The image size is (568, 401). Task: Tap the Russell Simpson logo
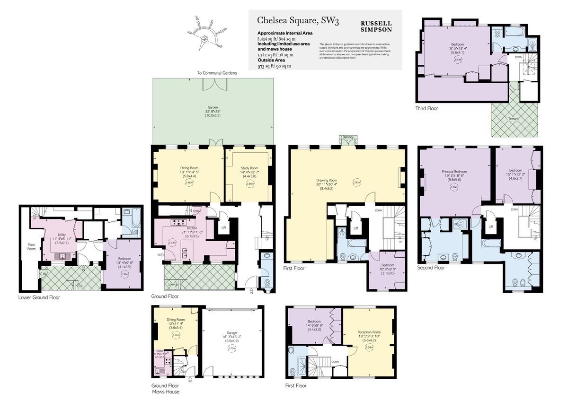(x=376, y=26)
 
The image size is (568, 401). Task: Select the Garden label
(x=213, y=107)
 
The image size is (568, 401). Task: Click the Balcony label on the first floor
(x=348, y=137)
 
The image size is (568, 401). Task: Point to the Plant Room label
(x=31, y=246)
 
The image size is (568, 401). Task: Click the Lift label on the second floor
(x=491, y=227)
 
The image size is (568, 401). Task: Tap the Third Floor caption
(x=427, y=108)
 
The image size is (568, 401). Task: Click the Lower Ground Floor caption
(x=39, y=298)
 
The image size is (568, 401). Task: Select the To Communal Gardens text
(x=217, y=73)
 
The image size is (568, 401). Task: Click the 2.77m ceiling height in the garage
(x=231, y=348)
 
